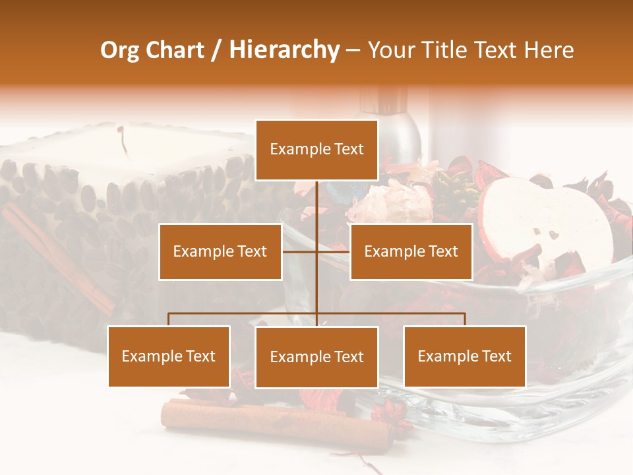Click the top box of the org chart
coord(316,150)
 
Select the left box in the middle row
coord(220,251)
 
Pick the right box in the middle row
coord(411,251)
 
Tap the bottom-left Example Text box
coord(169,356)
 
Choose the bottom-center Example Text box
coord(316,357)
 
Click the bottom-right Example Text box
coord(465,356)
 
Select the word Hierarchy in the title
coord(284,50)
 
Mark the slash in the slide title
coord(217,51)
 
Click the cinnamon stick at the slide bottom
coord(277,419)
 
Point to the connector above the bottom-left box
coord(169,319)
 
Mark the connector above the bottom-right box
coord(465,319)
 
